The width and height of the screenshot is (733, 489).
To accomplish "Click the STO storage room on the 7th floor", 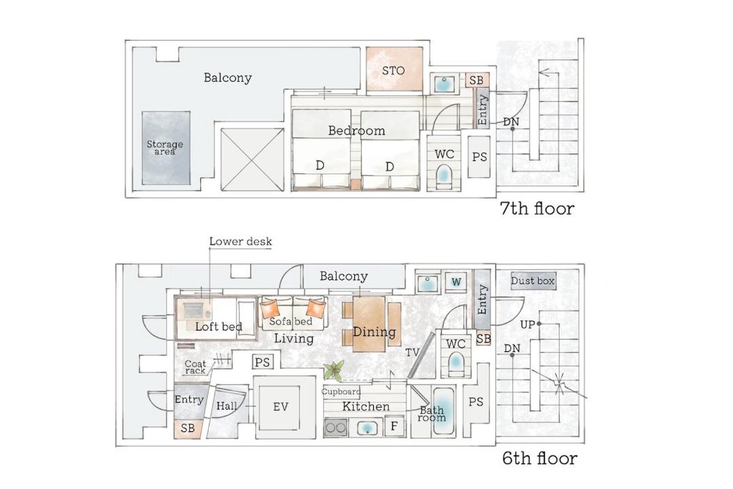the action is click(394, 69).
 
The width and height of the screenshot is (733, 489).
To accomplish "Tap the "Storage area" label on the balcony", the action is click(165, 147).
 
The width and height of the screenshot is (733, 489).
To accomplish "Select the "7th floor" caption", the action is click(537, 209).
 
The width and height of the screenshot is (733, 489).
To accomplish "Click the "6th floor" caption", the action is click(540, 458).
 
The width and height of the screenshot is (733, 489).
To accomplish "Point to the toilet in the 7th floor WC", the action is click(444, 176).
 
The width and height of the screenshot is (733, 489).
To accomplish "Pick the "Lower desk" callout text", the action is click(240, 242).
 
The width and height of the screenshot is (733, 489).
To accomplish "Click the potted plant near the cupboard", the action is click(333, 369).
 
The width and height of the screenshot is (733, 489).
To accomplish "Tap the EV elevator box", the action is click(280, 407).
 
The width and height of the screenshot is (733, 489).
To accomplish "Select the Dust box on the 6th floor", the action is click(533, 280).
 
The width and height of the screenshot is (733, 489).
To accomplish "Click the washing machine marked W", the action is click(456, 282).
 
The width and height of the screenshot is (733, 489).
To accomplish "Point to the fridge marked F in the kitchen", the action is click(394, 426).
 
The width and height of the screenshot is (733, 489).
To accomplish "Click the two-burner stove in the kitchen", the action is click(336, 427).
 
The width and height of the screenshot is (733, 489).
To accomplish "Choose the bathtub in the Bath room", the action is click(443, 412).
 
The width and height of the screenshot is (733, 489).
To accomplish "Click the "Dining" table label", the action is click(374, 331).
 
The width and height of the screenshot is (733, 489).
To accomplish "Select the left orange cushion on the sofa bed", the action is click(269, 308).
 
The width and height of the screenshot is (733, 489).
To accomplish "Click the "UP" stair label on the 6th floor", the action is click(527, 324).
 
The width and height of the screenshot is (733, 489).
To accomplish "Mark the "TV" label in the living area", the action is click(412, 352).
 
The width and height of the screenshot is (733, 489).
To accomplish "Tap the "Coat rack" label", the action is click(195, 367).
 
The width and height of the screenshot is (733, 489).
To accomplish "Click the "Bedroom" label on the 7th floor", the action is click(357, 130).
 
